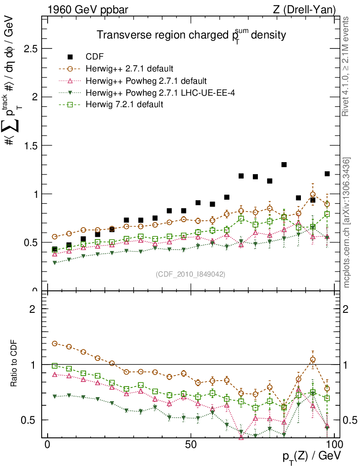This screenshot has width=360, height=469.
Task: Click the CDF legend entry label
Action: [x=94, y=57]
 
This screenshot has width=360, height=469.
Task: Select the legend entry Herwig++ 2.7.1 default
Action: [x=129, y=69]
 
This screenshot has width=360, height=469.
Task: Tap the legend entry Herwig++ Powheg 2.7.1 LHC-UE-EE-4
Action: [x=155, y=93]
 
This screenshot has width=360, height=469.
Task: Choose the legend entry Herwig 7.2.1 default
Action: [x=125, y=104]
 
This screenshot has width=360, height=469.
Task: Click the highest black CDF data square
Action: [x=284, y=164]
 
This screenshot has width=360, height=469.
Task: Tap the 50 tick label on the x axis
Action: [x=191, y=445]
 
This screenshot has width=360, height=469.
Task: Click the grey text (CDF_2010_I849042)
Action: [x=191, y=274]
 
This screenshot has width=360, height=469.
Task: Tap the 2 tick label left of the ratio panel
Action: [x=33, y=309]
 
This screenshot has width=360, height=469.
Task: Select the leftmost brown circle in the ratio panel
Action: [x=55, y=343]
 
